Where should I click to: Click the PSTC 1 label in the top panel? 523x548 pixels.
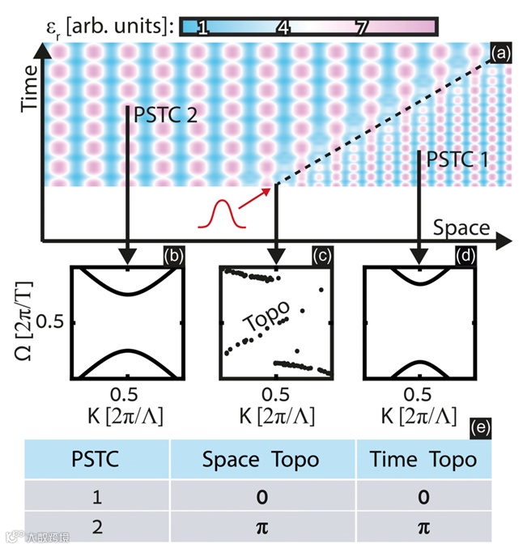coord(451,159)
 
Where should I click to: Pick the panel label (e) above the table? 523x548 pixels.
coord(484,425)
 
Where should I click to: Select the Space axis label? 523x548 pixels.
coord(461,227)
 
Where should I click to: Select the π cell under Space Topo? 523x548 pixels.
coord(260,527)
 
